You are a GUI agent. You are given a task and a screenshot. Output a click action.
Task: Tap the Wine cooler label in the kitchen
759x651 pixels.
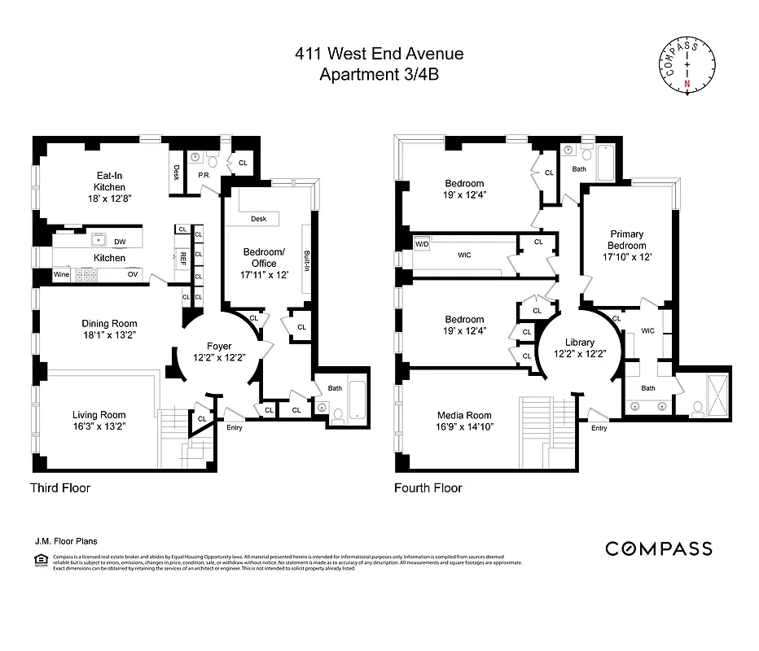click(x=62, y=275)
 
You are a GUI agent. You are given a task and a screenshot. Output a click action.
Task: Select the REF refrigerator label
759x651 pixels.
click(x=183, y=257)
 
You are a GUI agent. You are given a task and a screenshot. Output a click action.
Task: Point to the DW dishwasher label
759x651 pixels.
click(x=120, y=242)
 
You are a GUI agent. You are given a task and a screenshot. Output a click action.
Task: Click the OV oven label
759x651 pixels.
click(x=132, y=275)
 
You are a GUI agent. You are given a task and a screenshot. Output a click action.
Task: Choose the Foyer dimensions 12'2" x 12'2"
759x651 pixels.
click(x=218, y=358)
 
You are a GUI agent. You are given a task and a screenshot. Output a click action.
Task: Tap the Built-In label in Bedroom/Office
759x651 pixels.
click(x=306, y=260)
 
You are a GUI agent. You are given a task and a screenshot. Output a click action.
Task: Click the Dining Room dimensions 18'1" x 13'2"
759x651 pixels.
click(x=109, y=335)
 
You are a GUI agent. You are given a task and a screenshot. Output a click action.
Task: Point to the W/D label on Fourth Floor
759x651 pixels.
click(x=422, y=243)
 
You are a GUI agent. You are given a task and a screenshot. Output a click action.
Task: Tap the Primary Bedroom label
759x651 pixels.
click(x=626, y=240)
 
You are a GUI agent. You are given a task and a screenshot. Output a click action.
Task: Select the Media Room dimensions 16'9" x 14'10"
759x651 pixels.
click(x=465, y=426)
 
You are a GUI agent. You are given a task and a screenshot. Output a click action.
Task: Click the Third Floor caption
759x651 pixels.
click(x=60, y=488)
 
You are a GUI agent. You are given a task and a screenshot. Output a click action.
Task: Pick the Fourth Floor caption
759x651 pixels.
click(x=428, y=488)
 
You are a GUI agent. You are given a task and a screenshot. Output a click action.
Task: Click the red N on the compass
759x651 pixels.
click(x=687, y=84)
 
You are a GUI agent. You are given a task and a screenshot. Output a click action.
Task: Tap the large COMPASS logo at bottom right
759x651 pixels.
click(x=658, y=549)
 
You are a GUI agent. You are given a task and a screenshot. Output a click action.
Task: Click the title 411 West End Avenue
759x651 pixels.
click(x=379, y=55)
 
